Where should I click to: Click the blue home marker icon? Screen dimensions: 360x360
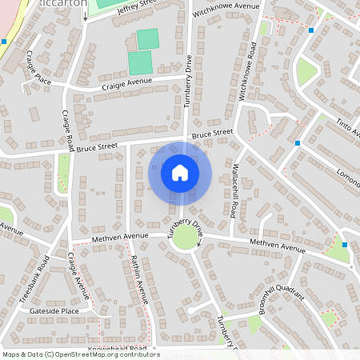click(x=180, y=172)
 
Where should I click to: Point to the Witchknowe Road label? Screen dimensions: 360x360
click(x=250, y=72)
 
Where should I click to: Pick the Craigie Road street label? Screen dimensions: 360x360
click(x=68, y=132)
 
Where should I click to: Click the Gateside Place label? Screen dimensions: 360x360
click(x=54, y=310)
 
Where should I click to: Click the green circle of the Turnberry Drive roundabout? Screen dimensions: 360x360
click(x=186, y=238)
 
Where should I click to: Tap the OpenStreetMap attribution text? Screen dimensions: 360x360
click(x=81, y=354)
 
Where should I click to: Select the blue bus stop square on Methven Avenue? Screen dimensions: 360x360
click(x=345, y=245)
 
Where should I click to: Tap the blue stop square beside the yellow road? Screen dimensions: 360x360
click(x=4, y=41)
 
